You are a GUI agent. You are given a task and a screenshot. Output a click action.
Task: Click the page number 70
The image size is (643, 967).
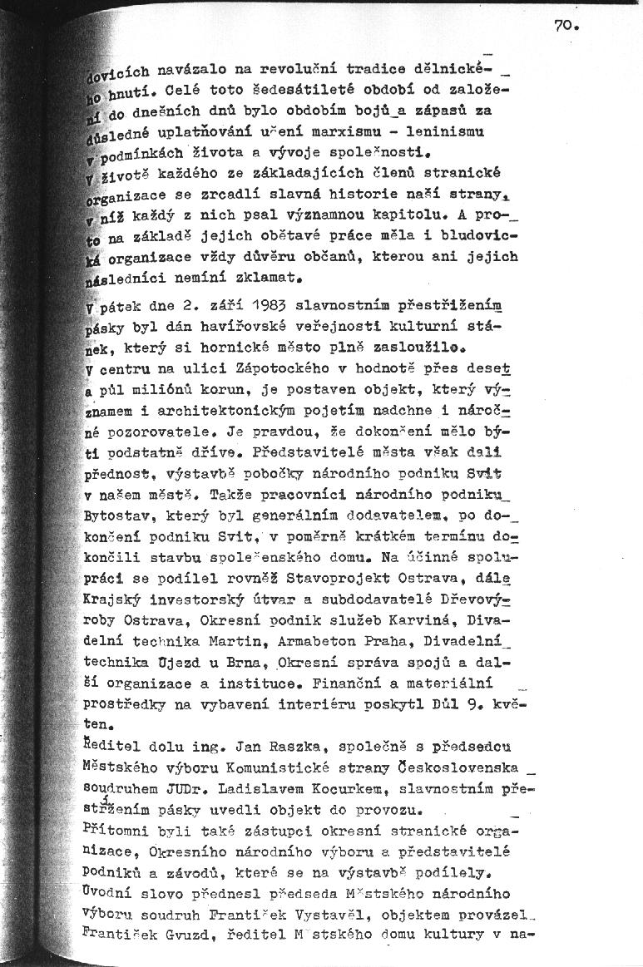click(x=565, y=26)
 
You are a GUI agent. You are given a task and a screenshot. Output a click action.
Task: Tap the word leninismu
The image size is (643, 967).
click(x=446, y=131)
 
